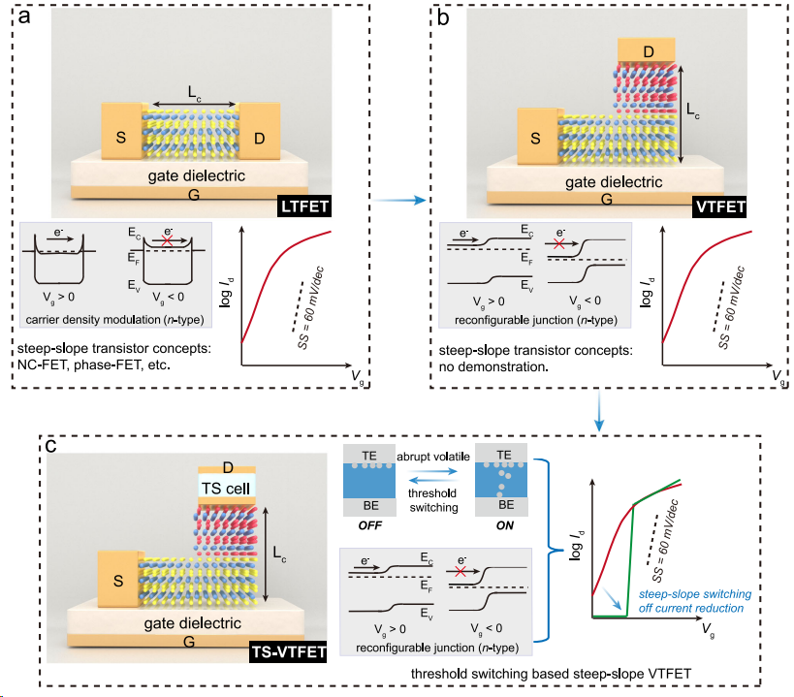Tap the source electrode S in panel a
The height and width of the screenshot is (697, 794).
pos(122,129)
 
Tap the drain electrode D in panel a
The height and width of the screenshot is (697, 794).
pos(260,129)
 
